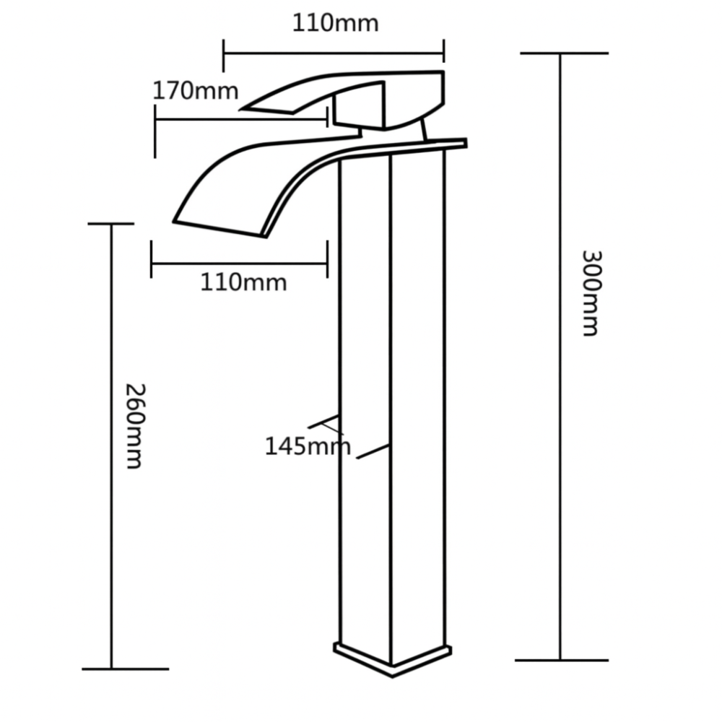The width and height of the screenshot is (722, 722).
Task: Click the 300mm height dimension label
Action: (x=591, y=292)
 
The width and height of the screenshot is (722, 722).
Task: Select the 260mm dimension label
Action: (x=134, y=425)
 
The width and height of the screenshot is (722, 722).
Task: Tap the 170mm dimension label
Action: (x=195, y=92)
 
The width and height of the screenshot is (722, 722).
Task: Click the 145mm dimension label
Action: (x=307, y=446)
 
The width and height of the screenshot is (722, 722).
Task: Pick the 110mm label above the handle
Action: (x=335, y=23)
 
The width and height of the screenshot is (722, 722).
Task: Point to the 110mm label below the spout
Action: (x=243, y=282)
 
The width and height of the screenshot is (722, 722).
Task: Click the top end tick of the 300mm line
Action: (x=563, y=53)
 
